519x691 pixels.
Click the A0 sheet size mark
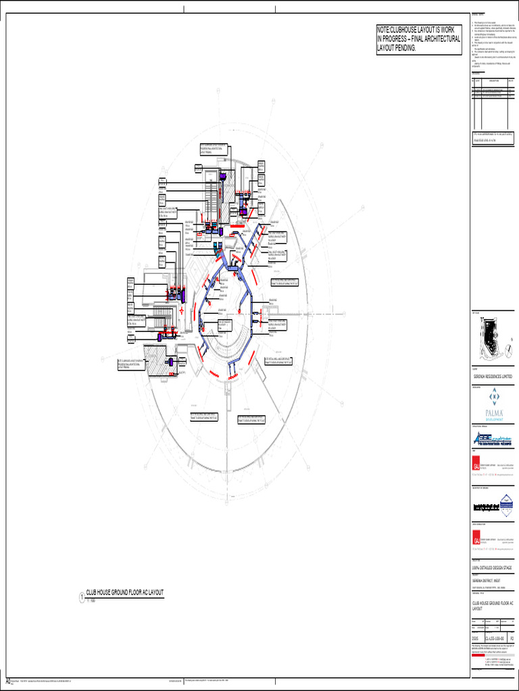point(7,681)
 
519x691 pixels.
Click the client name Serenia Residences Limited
point(492,375)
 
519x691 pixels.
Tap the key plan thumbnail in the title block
point(492,337)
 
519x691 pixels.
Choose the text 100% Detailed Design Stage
point(491,568)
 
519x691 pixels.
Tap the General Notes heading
point(478,15)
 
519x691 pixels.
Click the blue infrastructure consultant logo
point(492,438)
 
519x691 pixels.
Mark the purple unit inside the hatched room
point(171,363)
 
